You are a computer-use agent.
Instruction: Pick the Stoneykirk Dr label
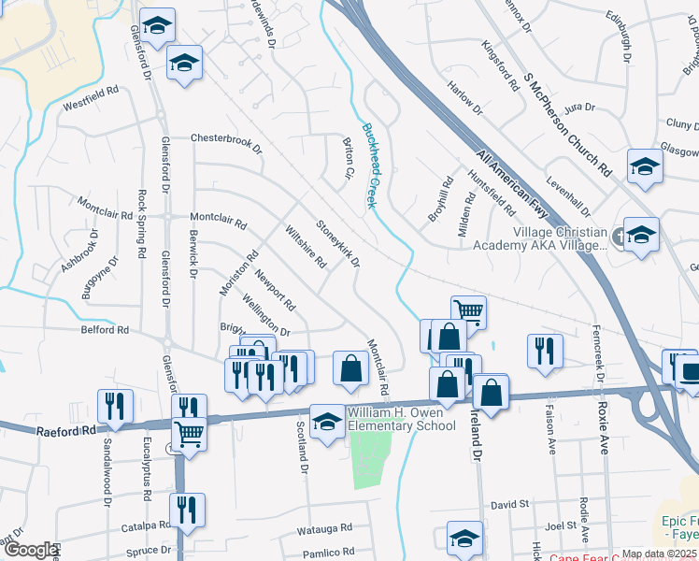(337, 242)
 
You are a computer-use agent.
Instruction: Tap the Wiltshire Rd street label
(305, 246)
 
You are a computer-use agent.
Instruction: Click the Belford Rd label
(105, 329)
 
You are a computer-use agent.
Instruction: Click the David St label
(509, 504)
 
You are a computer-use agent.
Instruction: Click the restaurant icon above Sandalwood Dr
(115, 405)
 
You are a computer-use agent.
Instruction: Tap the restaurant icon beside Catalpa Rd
(188, 510)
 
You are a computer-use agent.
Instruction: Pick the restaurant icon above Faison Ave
(545, 351)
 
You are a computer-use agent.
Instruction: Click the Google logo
(31, 550)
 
